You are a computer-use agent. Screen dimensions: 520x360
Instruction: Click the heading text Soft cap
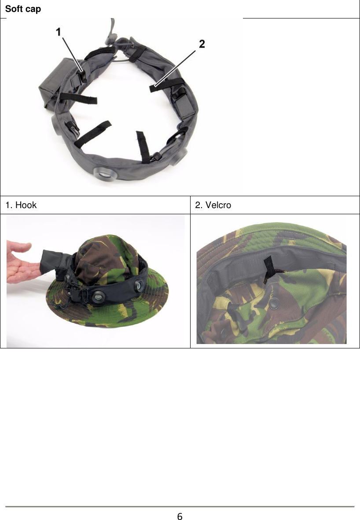click(x=23, y=8)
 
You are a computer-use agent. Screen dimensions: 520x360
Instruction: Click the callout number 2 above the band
click(x=201, y=44)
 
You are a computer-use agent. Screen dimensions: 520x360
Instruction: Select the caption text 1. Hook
click(x=21, y=205)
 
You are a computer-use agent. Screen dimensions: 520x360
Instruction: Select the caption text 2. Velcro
click(x=213, y=205)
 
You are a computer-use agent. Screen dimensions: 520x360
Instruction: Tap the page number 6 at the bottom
click(x=180, y=516)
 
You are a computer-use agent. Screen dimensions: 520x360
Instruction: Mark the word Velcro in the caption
click(x=219, y=205)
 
